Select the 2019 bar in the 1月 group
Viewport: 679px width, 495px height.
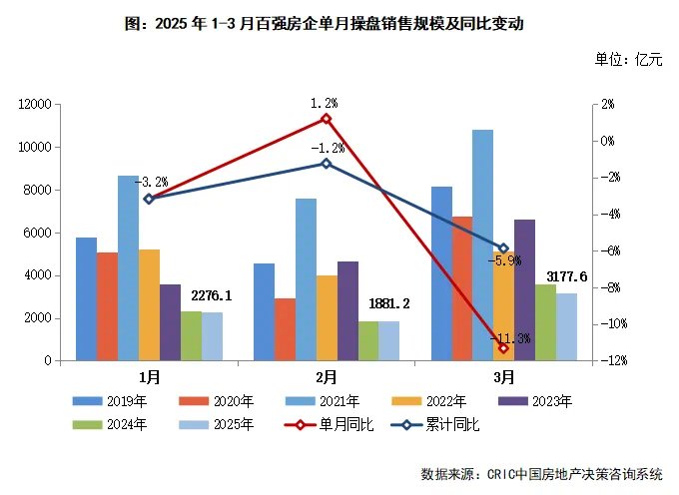pyautogui.click(x=87, y=298)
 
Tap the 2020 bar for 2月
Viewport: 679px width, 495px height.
pyautogui.click(x=285, y=329)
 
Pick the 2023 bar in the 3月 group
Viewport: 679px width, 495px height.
pyautogui.click(x=524, y=289)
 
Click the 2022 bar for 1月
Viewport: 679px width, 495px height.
pyautogui.click(x=150, y=304)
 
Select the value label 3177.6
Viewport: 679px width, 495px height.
pyautogui.click(x=566, y=276)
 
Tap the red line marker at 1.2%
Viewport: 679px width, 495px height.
pyautogui.click(x=326, y=119)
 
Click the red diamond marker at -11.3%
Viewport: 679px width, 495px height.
pyautogui.click(x=503, y=347)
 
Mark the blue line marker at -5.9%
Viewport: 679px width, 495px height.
pyautogui.click(x=503, y=248)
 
